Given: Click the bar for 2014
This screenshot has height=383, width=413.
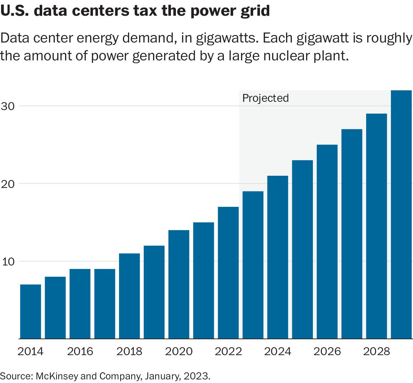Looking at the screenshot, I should [x=30, y=311].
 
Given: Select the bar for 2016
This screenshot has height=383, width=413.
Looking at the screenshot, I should [x=80, y=304].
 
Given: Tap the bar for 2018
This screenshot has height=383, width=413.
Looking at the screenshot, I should [x=129, y=296].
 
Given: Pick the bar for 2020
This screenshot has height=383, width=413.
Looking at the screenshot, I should [x=179, y=284].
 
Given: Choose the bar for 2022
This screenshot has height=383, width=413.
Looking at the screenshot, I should [x=228, y=273].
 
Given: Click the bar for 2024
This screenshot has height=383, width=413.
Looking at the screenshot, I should [x=278, y=257].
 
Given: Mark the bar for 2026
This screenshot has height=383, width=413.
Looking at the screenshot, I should [x=327, y=242].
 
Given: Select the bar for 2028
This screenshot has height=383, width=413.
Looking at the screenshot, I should [x=377, y=226].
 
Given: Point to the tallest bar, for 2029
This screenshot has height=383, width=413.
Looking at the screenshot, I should [x=401, y=214].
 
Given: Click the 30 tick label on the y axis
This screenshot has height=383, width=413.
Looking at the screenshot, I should [x=8, y=106].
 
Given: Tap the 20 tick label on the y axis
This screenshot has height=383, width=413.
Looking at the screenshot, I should [x=8, y=184].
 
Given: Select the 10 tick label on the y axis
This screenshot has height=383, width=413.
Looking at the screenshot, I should [x=8, y=262].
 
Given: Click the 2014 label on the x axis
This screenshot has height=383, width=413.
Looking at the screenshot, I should [x=30, y=352].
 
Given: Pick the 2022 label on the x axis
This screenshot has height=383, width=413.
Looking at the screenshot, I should [x=228, y=352].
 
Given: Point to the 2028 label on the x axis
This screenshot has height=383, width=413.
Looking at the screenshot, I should [x=377, y=352].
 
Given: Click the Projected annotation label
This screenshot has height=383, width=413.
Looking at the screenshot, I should [x=265, y=98].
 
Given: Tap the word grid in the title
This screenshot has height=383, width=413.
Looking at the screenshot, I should [x=255, y=11].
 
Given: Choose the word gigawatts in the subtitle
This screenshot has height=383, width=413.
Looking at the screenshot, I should [x=226, y=38].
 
